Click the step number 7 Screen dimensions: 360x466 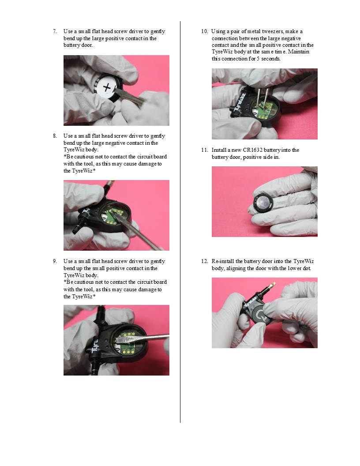55,31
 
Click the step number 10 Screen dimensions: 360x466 204,31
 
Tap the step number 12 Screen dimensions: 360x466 204,261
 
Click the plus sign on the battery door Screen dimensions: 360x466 107,87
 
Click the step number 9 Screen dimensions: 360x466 55,261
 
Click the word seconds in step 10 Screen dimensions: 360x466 270,59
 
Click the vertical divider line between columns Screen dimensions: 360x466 180,222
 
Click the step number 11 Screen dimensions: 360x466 204,150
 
